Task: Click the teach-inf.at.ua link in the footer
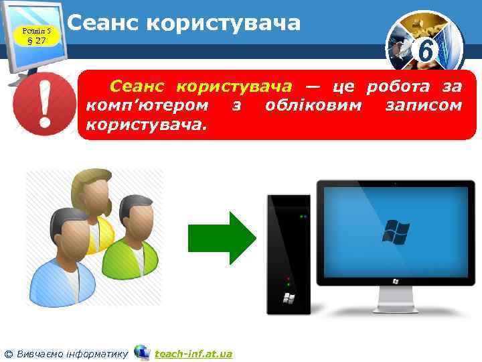point(193,353)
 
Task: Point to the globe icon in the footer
point(141,352)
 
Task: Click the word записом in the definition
point(424,105)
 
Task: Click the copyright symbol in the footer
point(9,353)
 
